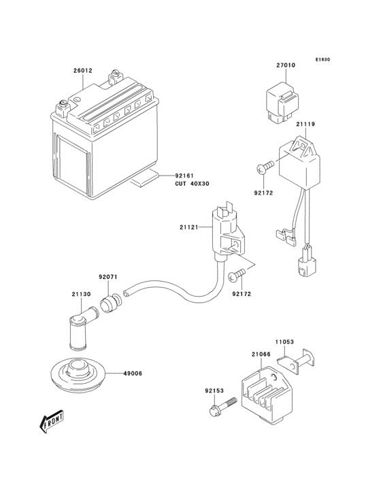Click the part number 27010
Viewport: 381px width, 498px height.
point(285,66)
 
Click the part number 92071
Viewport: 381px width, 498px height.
point(108,277)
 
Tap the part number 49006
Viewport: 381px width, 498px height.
point(133,373)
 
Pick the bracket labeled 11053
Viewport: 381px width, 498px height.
point(302,361)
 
